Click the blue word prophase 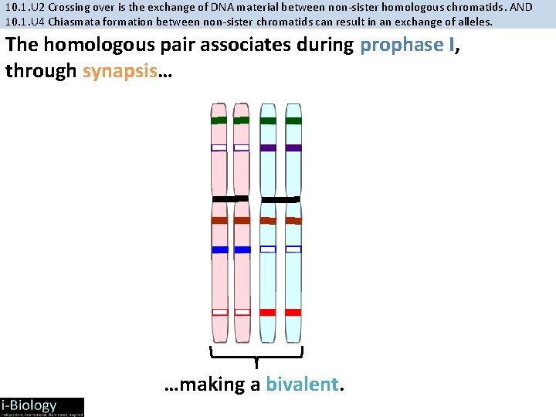401,45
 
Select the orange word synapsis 118,71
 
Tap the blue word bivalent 302,385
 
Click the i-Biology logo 42,406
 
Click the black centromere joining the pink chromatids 230,199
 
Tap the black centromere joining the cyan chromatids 280,199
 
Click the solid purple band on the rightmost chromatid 293,147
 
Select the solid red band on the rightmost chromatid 293,312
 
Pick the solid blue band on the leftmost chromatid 219,249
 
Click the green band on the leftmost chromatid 219,120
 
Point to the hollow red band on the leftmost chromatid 219,312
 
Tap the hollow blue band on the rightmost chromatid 293,249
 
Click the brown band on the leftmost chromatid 219,220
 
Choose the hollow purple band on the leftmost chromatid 219,147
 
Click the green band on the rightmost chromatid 293,120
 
